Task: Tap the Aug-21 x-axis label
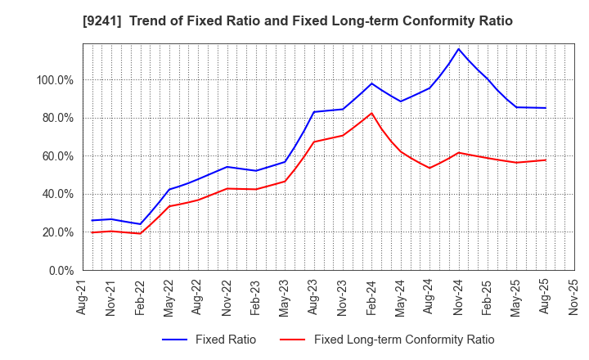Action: pyautogui.click(x=83, y=296)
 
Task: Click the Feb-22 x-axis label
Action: pyautogui.click(x=141, y=296)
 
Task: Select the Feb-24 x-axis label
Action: pyautogui.click(x=371, y=296)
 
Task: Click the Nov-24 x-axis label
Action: pyautogui.click(x=458, y=296)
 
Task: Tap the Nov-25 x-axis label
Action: pyautogui.click(x=573, y=296)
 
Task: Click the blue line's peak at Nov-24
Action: pyautogui.click(x=458, y=49)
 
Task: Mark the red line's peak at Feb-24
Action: pyautogui.click(x=371, y=113)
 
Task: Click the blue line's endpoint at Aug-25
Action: pyautogui.click(x=545, y=108)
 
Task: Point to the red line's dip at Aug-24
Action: pyautogui.click(x=429, y=168)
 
